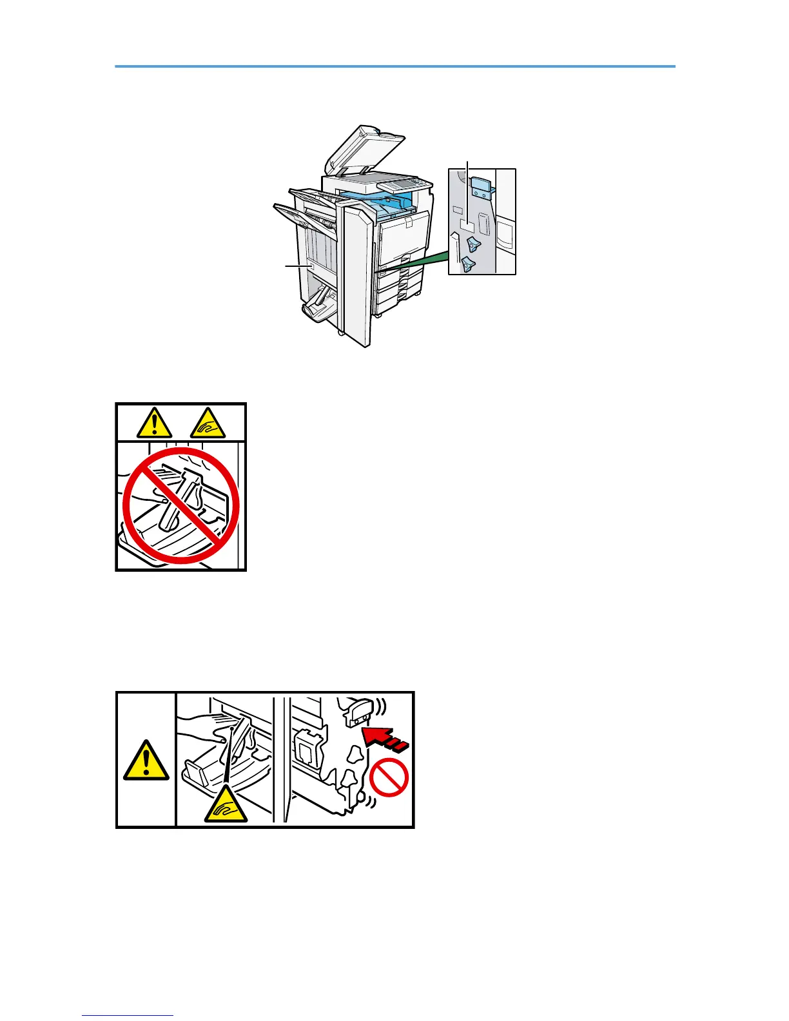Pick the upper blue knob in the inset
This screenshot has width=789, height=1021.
pyautogui.click(x=474, y=244)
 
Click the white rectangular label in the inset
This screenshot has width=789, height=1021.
pyautogui.click(x=467, y=226)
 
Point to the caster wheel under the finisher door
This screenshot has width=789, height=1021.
pyautogui.click(x=340, y=333)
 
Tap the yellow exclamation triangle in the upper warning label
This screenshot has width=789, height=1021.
pyautogui.click(x=154, y=423)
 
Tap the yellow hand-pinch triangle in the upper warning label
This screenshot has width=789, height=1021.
pyautogui.click(x=207, y=422)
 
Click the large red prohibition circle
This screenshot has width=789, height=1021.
pyautogui.click(x=181, y=506)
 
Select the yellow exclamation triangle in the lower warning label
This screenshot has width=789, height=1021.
pyautogui.click(x=147, y=761)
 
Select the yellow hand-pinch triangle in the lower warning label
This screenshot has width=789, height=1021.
pyautogui.click(x=226, y=806)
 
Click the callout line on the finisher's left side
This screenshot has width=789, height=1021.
pyautogui.click(x=297, y=266)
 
